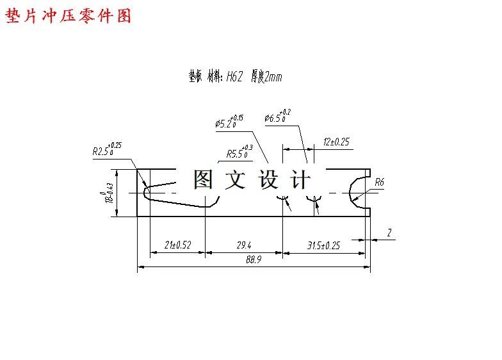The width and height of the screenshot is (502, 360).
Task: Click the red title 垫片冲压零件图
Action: (69, 16)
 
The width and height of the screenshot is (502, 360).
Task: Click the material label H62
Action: (234, 77)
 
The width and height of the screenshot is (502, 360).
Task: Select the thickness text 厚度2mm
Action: (266, 77)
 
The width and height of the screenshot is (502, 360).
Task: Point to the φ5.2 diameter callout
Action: (229, 122)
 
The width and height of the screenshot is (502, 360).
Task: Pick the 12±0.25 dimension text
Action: (336, 142)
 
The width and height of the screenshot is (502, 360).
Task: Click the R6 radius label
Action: (379, 183)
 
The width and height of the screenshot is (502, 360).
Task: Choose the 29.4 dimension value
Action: (244, 245)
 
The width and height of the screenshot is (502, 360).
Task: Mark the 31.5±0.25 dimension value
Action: (323, 245)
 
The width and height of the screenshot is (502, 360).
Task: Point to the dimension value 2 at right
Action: (389, 233)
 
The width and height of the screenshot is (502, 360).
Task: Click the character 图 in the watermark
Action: (204, 179)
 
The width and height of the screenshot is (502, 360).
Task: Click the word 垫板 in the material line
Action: (195, 77)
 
